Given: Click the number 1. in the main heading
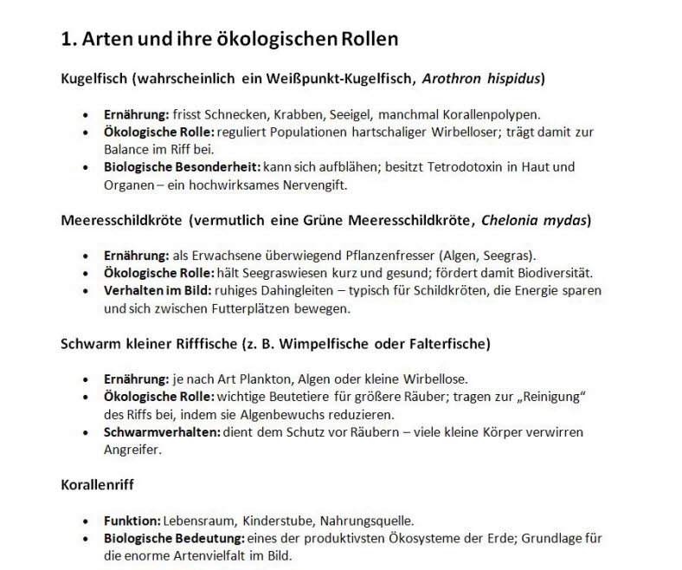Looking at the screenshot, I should (69, 39).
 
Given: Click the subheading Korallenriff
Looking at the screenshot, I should (98, 485).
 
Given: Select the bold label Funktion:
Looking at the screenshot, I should (132, 521).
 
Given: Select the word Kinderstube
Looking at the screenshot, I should (275, 521).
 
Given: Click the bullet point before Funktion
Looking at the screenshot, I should (85, 521).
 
